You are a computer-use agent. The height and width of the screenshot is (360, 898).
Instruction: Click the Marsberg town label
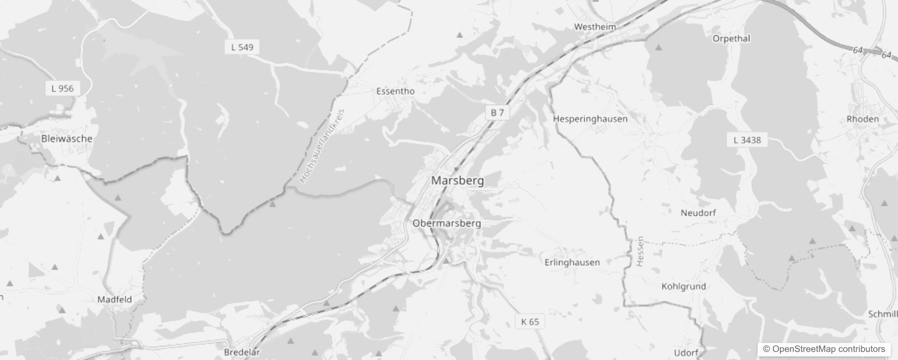click(458, 180)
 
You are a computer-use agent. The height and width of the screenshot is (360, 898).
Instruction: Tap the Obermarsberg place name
click(446, 223)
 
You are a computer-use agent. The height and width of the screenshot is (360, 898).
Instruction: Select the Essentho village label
click(395, 91)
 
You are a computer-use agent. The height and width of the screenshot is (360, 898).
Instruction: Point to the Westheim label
click(595, 27)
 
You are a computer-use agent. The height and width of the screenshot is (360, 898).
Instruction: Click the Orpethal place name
click(731, 39)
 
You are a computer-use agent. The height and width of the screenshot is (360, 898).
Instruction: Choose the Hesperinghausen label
click(590, 119)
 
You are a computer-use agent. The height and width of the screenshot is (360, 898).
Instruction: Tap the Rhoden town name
click(862, 119)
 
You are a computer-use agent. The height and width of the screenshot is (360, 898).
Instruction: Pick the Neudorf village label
click(698, 213)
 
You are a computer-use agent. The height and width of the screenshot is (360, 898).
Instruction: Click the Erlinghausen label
click(572, 262)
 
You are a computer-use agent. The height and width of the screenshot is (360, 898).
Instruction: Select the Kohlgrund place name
click(683, 286)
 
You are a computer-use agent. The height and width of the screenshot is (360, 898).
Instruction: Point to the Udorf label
click(686, 353)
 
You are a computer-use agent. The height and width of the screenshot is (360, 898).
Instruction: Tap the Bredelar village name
click(242, 352)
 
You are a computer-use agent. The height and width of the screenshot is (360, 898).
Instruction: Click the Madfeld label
click(115, 299)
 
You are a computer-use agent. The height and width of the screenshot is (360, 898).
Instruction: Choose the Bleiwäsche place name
click(67, 139)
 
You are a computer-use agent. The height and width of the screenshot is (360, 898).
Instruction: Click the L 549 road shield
click(242, 47)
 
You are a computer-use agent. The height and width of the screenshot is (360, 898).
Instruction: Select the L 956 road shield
click(63, 88)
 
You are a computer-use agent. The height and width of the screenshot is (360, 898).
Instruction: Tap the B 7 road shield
click(497, 112)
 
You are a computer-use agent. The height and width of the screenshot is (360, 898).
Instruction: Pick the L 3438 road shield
click(747, 140)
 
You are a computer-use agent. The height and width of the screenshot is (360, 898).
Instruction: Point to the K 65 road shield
click(530, 321)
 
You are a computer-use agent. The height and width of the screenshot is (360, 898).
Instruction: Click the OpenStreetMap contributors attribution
click(824, 349)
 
